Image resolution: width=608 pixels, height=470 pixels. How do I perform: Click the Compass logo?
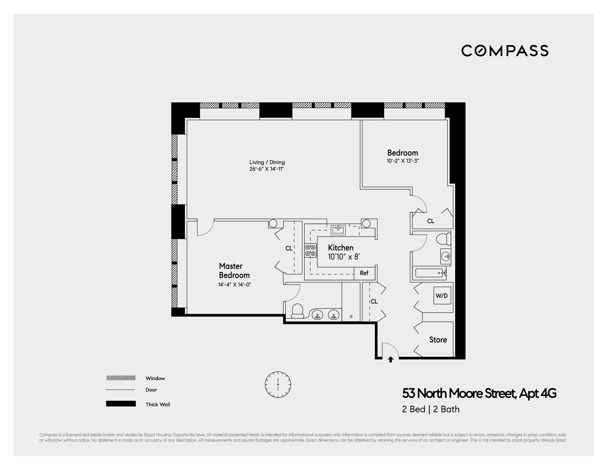tap(505, 51)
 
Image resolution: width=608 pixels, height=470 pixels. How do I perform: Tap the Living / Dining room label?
tap(267, 162)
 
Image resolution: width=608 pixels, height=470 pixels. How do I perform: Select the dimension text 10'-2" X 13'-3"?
tap(403, 161)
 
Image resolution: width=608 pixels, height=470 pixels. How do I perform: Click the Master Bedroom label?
tap(234, 271)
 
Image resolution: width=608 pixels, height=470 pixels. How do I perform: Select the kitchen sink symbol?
tap(338, 230)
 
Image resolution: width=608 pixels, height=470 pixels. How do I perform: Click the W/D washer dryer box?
tap(442, 296)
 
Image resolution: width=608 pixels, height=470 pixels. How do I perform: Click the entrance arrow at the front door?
tap(391, 360)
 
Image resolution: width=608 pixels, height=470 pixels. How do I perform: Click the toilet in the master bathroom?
tap(297, 311)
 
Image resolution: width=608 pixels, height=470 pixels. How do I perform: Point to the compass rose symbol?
tap(278, 384)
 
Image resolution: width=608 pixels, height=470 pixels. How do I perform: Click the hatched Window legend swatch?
tap(121, 378)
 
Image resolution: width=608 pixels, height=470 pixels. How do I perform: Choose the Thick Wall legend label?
tap(158, 404)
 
